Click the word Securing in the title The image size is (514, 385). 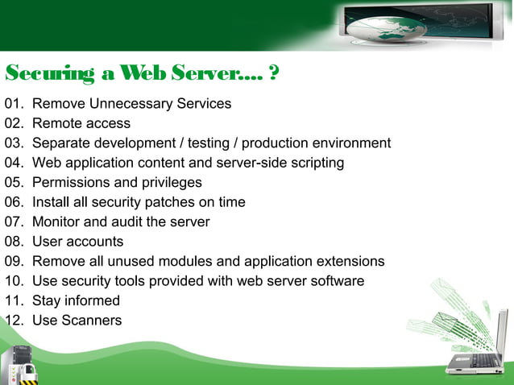click(x=51, y=75)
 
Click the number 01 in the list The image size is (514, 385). click(x=14, y=104)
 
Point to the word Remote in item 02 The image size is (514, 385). click(x=55, y=123)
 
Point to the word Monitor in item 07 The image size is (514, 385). click(x=56, y=221)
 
